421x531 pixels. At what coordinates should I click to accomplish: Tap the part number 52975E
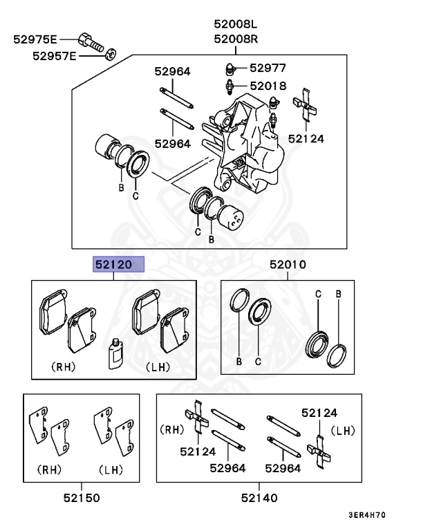click(35, 39)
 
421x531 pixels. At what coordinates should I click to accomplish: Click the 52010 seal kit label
click(288, 265)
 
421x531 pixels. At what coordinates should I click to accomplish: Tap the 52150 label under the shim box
click(82, 498)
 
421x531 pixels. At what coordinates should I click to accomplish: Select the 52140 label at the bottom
click(259, 498)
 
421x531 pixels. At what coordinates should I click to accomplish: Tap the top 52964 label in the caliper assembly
click(172, 72)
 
